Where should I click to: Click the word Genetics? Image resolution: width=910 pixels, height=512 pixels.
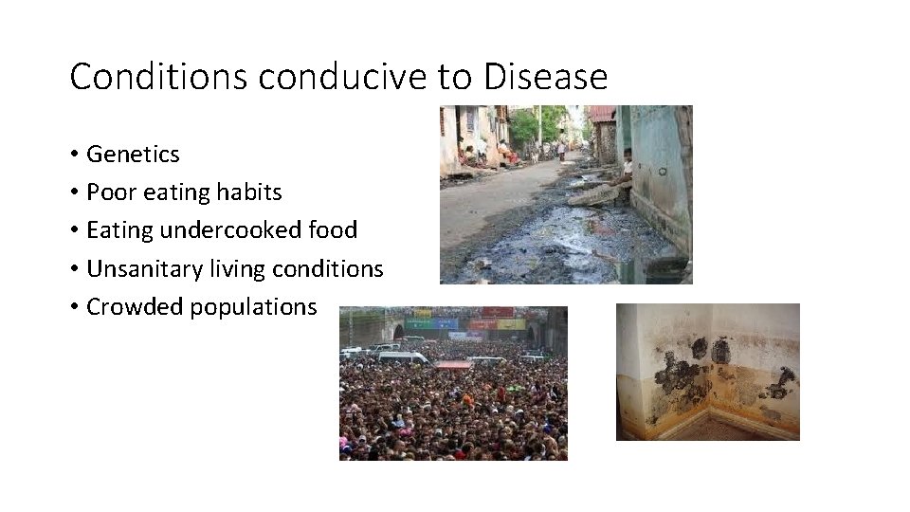(133, 154)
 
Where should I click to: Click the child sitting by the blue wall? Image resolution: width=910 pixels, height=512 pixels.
(626, 167)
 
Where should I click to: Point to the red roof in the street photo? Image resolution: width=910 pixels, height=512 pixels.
(601, 115)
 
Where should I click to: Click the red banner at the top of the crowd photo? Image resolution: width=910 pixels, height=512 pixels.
(497, 312)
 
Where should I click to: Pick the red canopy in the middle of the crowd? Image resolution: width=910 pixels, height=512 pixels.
(452, 364)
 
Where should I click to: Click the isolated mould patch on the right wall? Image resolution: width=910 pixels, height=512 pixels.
(783, 383)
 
